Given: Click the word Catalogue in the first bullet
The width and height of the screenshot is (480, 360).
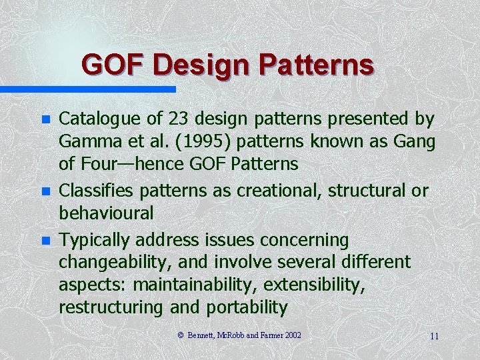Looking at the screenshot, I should (x=91, y=119).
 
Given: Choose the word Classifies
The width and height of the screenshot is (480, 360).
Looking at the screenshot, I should (x=91, y=190).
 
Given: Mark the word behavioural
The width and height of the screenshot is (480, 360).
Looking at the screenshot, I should (x=106, y=213).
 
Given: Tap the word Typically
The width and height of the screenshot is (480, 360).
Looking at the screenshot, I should (x=89, y=239).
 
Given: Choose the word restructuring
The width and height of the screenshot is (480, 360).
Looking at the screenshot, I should (x=110, y=307).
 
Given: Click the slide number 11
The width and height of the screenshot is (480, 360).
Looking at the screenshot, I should (x=434, y=336).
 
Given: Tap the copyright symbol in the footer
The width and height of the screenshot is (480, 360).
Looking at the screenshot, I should (x=181, y=335).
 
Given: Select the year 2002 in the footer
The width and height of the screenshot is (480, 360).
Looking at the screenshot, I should (x=291, y=335).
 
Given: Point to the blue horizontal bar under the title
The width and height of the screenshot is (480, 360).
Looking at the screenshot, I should (x=87, y=89).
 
